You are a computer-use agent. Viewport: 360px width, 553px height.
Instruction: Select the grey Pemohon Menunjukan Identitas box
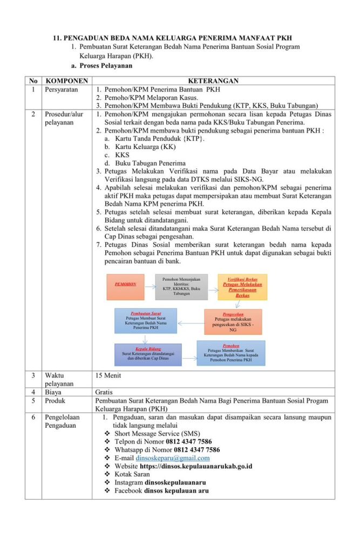181,287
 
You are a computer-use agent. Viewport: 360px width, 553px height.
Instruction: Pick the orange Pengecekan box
233,321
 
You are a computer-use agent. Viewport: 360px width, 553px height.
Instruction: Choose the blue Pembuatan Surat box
145,320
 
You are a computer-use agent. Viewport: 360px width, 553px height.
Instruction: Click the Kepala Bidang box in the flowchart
148,354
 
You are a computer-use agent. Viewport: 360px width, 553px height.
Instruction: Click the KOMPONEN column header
66,80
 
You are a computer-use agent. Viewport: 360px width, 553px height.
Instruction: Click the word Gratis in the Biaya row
104,392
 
